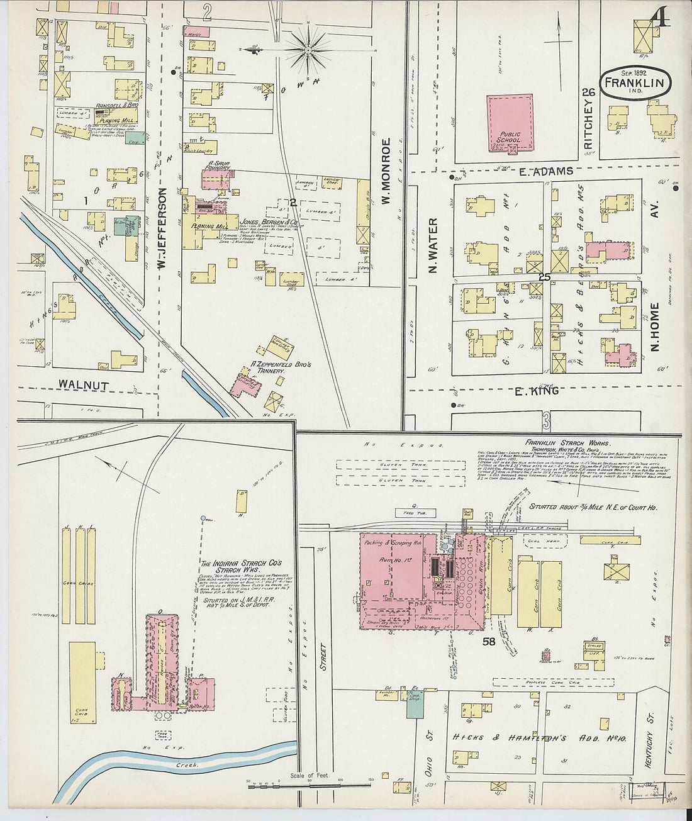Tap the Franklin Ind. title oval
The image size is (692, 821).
pyautogui.click(x=635, y=83)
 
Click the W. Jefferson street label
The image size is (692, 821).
pyautogui.click(x=162, y=228)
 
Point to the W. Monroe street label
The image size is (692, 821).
pyautogui.click(x=387, y=171)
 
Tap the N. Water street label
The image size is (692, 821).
pyautogui.click(x=433, y=245)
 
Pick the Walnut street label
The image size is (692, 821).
pyautogui.click(x=84, y=384)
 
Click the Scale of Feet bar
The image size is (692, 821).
pyautogui.click(x=309, y=783)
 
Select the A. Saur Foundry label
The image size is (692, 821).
pyautogui.click(x=218, y=166)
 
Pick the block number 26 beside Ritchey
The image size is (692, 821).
pyautogui.click(x=589, y=92)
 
